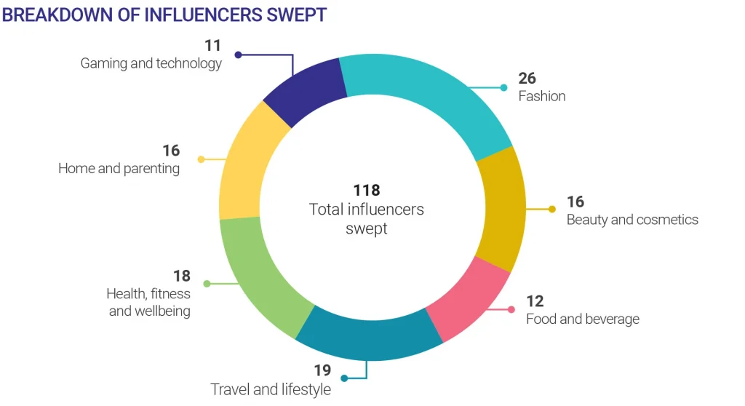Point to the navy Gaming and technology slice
click(306, 91)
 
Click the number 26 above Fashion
click(527, 79)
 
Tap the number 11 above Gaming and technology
click(212, 45)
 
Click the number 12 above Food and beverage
click(535, 301)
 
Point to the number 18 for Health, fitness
click(181, 276)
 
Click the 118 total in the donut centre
click(367, 190)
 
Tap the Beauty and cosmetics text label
click(632, 220)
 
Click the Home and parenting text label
click(119, 169)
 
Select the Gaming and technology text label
click(151, 63)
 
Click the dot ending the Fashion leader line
click(503, 87)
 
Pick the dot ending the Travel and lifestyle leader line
click(344, 378)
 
